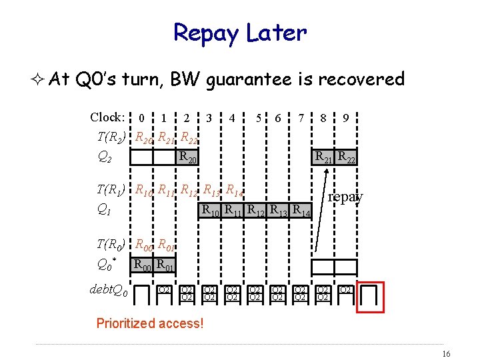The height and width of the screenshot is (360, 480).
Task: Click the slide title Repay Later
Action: click(x=239, y=32)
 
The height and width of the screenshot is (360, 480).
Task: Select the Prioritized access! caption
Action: click(x=149, y=324)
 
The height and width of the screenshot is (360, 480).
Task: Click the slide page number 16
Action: click(x=446, y=353)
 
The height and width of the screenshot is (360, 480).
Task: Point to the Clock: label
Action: click(x=107, y=117)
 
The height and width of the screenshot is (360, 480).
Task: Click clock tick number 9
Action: click(x=345, y=119)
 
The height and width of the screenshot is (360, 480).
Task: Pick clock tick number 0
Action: click(x=142, y=119)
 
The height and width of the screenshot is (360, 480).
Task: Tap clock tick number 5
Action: click(x=258, y=119)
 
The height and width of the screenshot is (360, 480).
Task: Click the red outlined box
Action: click(x=371, y=297)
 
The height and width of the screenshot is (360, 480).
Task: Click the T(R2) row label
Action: click(x=111, y=137)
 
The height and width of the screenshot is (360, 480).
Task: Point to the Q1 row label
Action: click(x=104, y=210)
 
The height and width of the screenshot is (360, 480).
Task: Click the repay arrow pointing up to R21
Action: click(x=321, y=213)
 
